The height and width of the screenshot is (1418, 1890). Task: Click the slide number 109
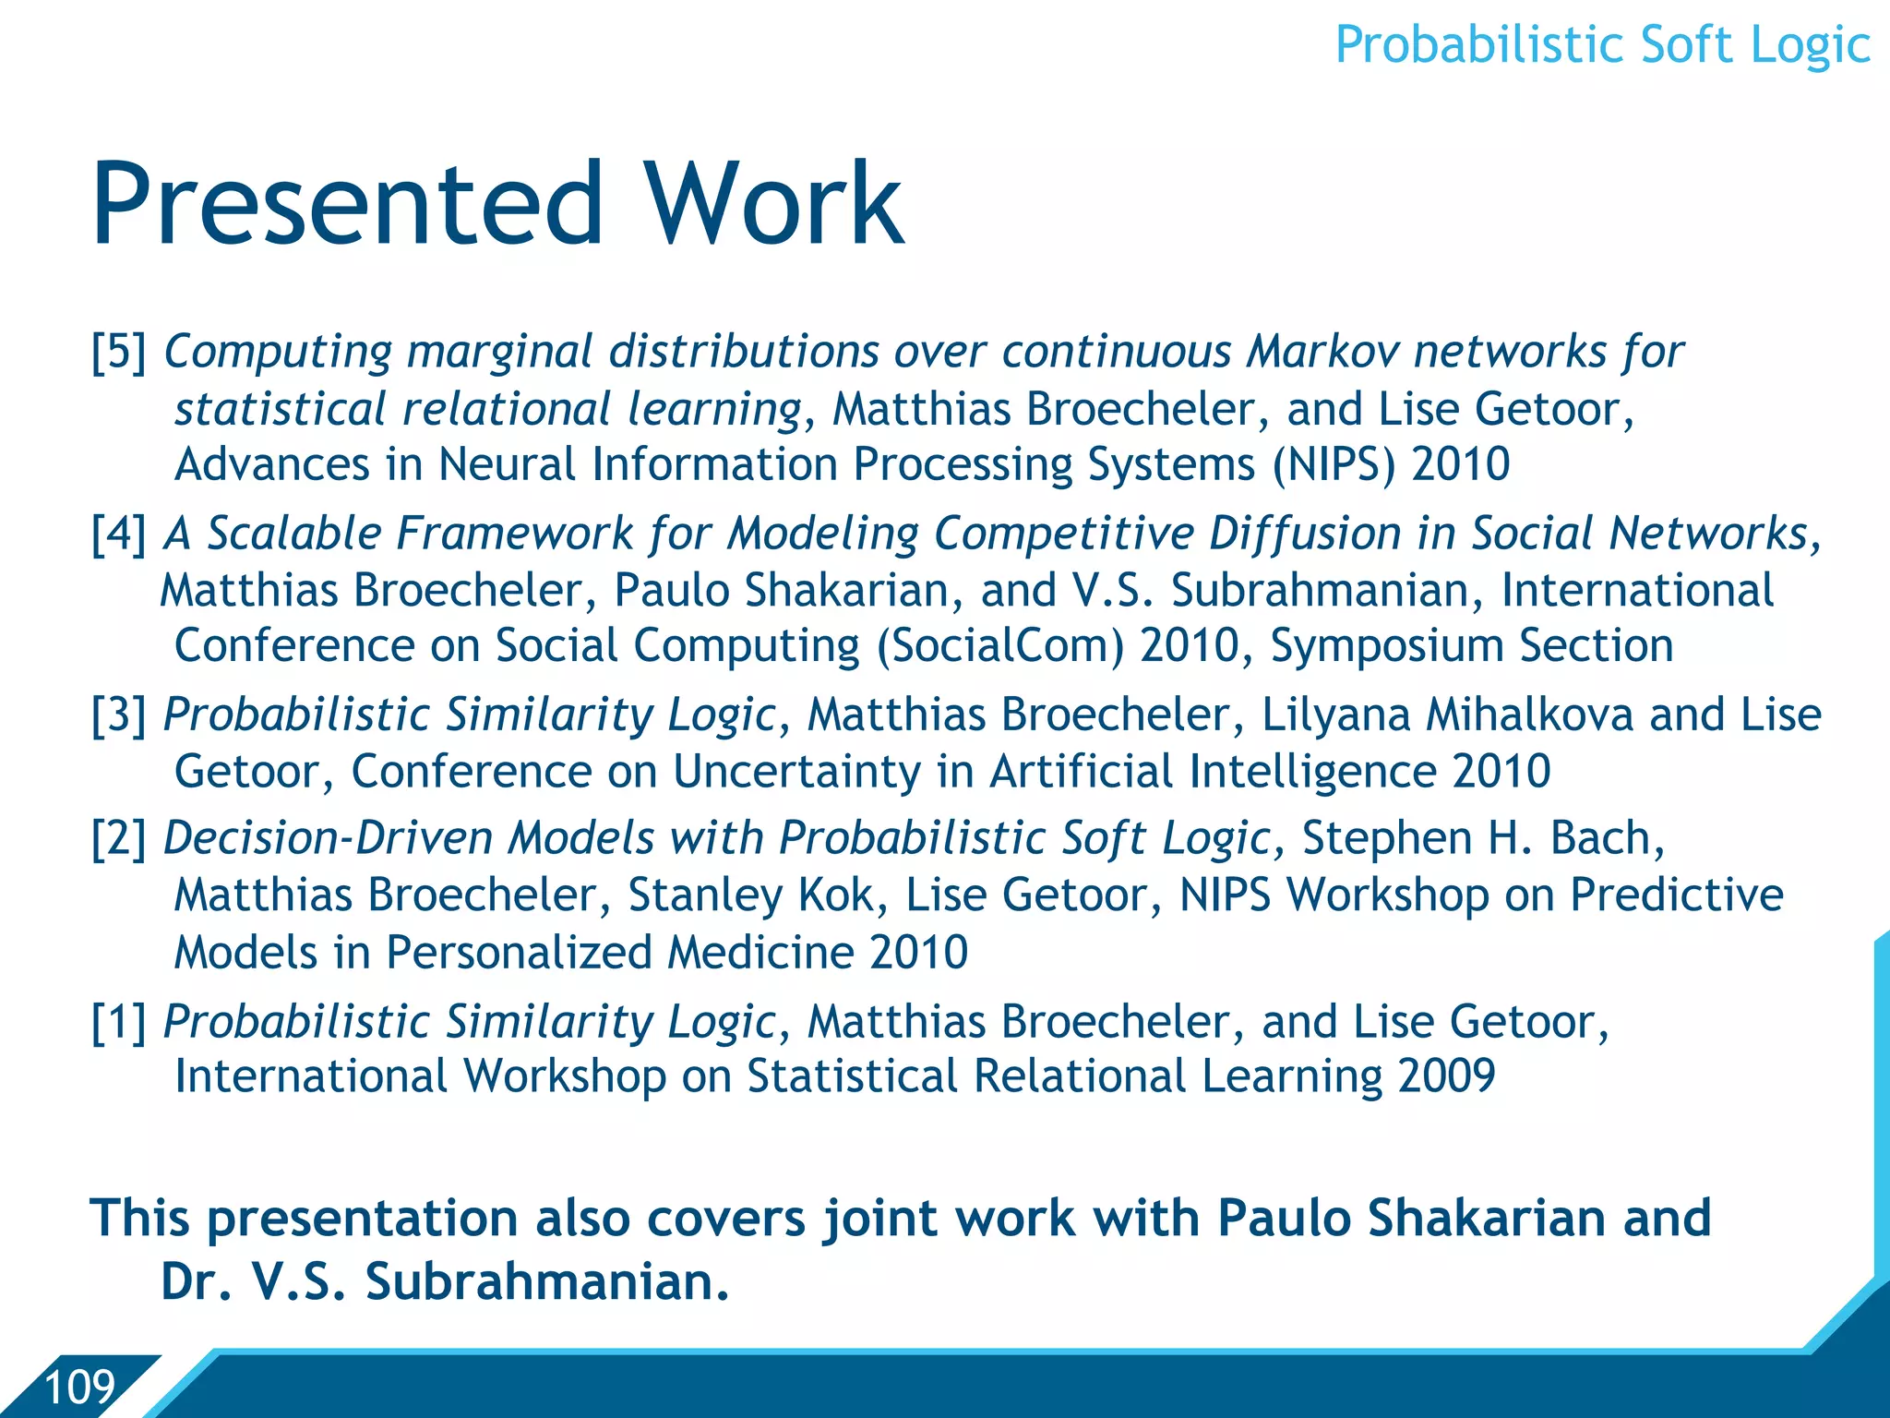pos(79,1388)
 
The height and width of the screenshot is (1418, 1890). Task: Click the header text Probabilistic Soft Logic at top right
pos(1602,46)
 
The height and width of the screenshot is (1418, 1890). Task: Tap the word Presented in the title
pos(346,204)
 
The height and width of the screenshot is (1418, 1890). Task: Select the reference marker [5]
pos(119,353)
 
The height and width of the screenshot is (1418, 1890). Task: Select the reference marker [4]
pos(119,535)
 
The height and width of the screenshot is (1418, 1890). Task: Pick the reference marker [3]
pos(119,715)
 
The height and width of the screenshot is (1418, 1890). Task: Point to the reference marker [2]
pos(119,839)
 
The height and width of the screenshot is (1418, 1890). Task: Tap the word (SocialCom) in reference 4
pos(1000,646)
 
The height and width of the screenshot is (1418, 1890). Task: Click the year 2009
pos(1446,1076)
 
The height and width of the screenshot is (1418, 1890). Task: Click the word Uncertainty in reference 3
pos(796,772)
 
